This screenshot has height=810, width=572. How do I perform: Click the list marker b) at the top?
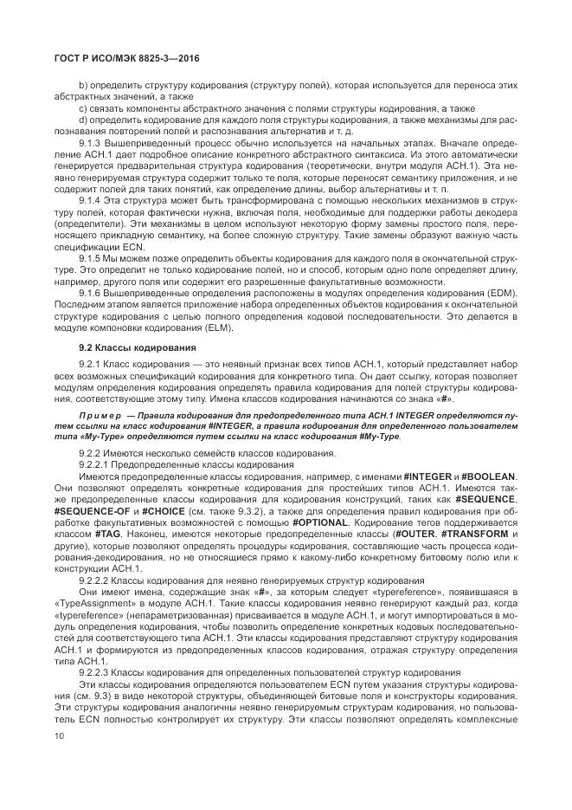pyautogui.click(x=83, y=87)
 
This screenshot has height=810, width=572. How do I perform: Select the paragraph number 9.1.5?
pyautogui.click(x=92, y=257)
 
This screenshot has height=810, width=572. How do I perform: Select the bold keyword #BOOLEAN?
pyautogui.click(x=488, y=476)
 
